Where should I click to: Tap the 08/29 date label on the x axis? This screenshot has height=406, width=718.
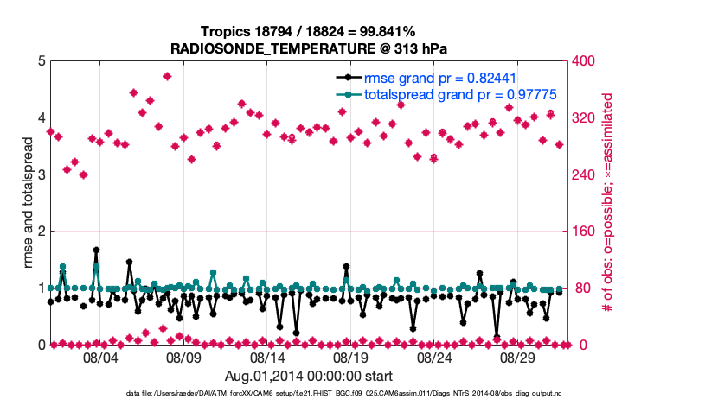pyautogui.click(x=517, y=358)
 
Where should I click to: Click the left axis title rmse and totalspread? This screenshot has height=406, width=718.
pyautogui.click(x=27, y=203)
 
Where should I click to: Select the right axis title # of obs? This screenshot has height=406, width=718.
pyautogui.click(x=609, y=203)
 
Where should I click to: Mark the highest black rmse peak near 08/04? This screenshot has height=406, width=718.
pyautogui.click(x=96, y=250)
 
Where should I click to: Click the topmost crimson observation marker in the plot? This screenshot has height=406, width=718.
pyautogui.click(x=167, y=76)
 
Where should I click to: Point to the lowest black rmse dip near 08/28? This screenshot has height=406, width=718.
pyautogui.click(x=497, y=337)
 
